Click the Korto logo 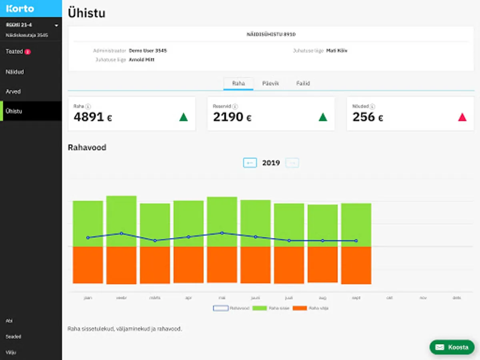click(x=20, y=8)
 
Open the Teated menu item click(x=14, y=52)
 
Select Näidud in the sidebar click(x=15, y=72)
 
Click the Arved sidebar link click(x=13, y=92)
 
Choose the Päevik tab click(x=270, y=84)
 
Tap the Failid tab click(x=303, y=84)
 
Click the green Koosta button click(x=452, y=347)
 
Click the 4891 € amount click(x=93, y=117)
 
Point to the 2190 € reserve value click(x=232, y=117)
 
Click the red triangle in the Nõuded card click(x=462, y=117)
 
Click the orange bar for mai click(x=222, y=265)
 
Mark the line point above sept click(x=356, y=241)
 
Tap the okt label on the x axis click(x=389, y=298)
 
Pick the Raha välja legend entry click(x=311, y=308)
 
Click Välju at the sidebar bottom click(x=11, y=352)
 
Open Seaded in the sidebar click(x=13, y=337)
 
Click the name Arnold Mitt click(x=142, y=60)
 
